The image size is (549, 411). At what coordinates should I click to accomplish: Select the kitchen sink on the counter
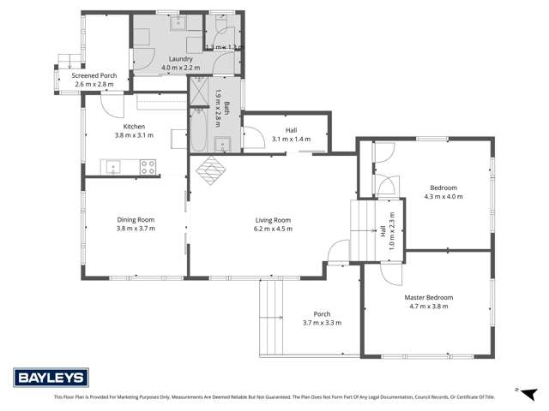(x=112, y=167)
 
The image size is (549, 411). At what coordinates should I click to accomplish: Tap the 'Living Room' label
(x=273, y=219)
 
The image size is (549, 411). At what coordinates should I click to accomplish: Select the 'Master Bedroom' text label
(x=428, y=297)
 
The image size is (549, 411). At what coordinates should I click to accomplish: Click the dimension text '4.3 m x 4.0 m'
(x=443, y=196)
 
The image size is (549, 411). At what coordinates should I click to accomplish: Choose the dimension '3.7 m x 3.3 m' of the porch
(x=322, y=323)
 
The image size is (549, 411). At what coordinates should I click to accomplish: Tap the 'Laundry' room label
(x=180, y=58)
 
